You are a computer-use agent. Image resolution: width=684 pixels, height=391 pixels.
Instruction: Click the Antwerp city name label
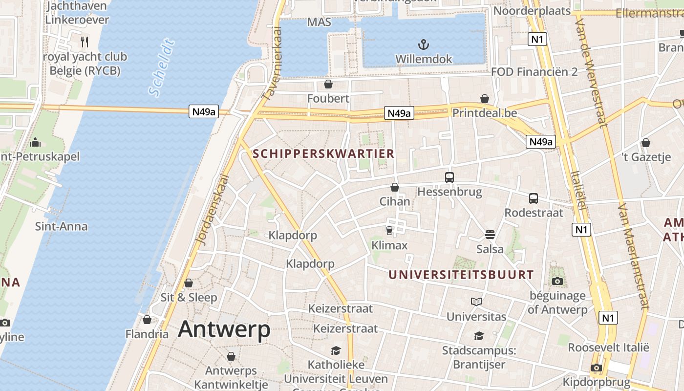tap(224, 329)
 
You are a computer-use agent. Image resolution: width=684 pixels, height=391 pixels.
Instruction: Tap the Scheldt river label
tap(162, 68)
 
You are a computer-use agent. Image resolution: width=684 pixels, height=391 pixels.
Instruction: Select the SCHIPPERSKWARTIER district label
tap(323, 153)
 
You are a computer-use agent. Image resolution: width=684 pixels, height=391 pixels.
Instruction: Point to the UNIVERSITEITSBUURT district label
tap(461, 275)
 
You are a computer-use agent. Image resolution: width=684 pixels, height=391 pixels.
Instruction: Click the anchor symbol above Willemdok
tap(424, 45)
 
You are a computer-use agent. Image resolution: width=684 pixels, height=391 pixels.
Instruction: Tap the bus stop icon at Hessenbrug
tap(449, 177)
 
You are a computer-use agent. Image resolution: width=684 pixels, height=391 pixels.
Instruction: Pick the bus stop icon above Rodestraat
tap(534, 198)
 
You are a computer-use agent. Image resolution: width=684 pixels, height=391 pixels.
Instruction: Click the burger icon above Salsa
tap(490, 235)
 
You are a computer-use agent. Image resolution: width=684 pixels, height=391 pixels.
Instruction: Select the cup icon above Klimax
tap(389, 230)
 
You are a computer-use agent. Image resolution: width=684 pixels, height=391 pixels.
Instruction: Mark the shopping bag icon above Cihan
tap(395, 187)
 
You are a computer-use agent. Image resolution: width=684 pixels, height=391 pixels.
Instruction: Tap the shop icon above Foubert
tap(328, 85)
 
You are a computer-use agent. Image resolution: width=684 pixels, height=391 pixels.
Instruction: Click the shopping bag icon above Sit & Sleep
tap(189, 283)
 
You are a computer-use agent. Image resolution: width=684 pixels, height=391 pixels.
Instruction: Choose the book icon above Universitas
tap(476, 302)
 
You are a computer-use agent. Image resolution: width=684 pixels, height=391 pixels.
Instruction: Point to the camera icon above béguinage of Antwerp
tap(557, 281)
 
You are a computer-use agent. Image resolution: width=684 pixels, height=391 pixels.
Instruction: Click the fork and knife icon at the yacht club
tap(85, 42)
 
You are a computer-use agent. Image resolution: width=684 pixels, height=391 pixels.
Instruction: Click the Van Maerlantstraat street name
tap(633, 257)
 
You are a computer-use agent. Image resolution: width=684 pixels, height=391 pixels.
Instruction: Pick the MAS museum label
tap(319, 22)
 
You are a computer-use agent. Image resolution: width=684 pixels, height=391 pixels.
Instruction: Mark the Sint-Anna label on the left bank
tap(62, 226)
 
